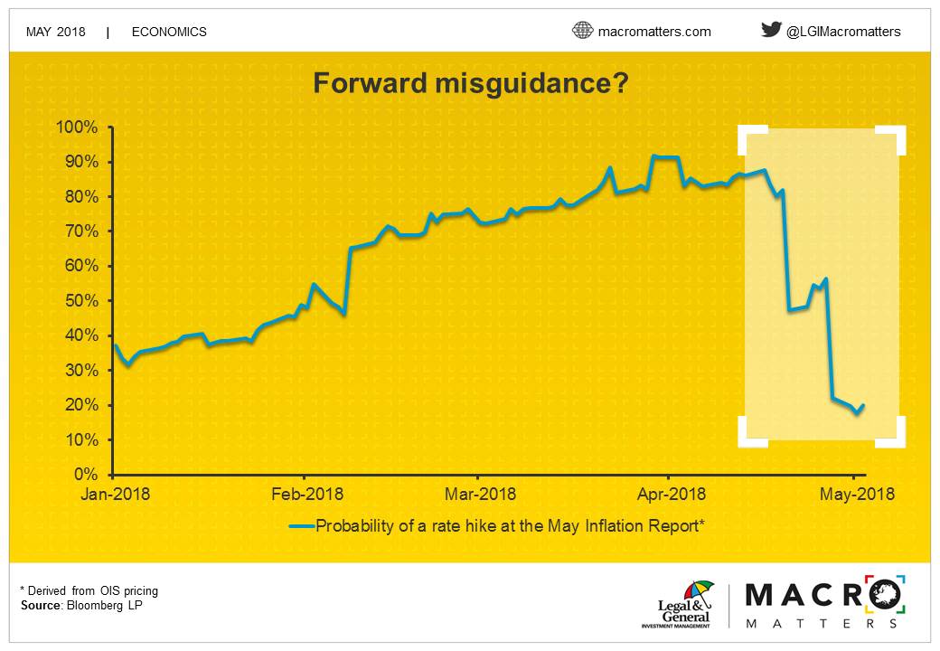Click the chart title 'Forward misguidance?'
[x=471, y=82]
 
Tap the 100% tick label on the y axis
[x=77, y=127]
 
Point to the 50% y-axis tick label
[x=81, y=301]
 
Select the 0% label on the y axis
[x=86, y=474]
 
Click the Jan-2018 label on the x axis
[x=115, y=494]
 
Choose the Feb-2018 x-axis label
[x=307, y=494]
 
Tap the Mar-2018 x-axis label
[x=480, y=494]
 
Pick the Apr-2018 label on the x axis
[x=671, y=494]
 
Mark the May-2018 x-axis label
[x=857, y=494]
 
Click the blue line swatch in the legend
[x=302, y=526]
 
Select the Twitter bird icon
[x=771, y=29]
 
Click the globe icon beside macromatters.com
[x=582, y=30]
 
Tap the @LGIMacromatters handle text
[x=843, y=32]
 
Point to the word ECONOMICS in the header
[x=169, y=32]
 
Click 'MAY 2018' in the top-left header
[x=56, y=32]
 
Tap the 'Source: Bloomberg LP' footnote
[x=81, y=606]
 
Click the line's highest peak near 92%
[x=654, y=156]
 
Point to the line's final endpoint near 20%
[x=862, y=406]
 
